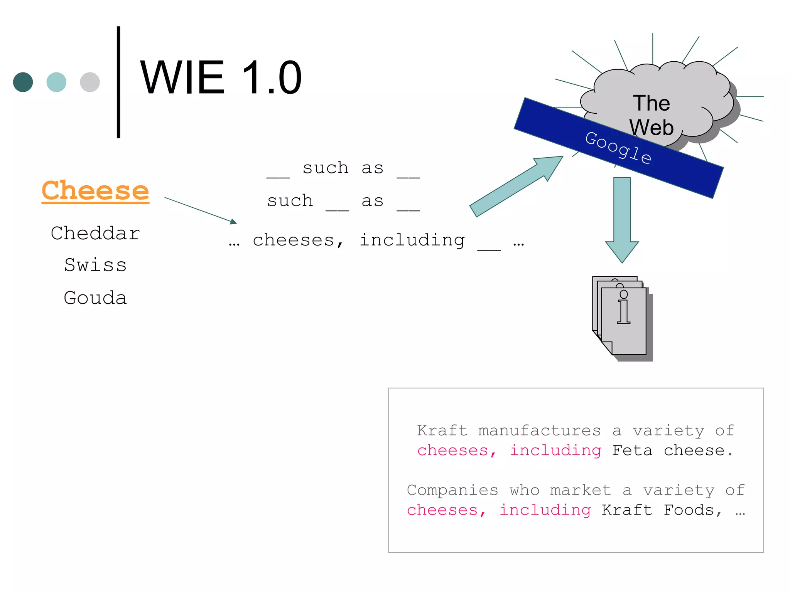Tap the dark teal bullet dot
[23, 82]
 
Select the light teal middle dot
[56, 82]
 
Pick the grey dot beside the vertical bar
[90, 82]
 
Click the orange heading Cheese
[95, 190]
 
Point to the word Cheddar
[95, 234]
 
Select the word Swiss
[95, 265]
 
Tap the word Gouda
[95, 298]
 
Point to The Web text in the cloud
[652, 115]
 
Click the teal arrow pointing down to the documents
[622, 220]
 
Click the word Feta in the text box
[632, 450]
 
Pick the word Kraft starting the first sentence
[442, 430]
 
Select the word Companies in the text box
[452, 490]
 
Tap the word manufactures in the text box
[539, 430]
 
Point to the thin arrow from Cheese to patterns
[201, 210]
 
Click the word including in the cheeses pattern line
[412, 240]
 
